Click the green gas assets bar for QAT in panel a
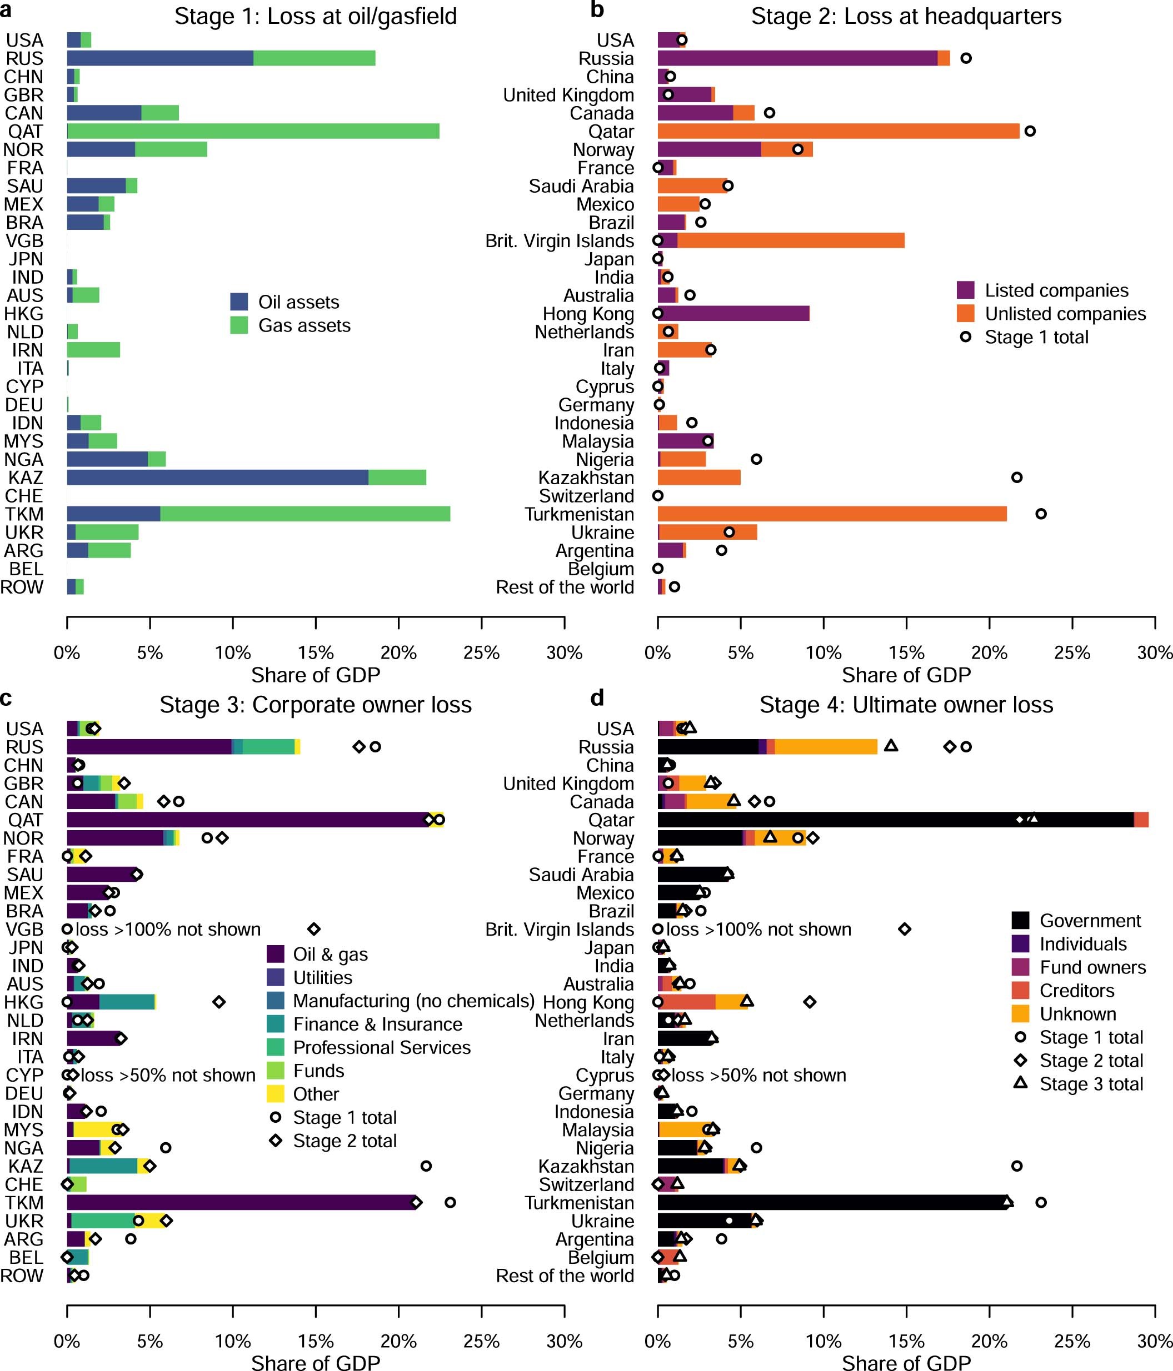253,131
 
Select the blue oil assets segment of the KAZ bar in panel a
217,477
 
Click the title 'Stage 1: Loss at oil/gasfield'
315,16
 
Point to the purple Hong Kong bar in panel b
733,314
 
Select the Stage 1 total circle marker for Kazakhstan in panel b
1017,477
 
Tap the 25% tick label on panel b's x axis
1072,653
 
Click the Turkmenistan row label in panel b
579,514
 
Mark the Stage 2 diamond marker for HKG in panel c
219,1002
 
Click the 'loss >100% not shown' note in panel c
168,930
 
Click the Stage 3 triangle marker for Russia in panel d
891,746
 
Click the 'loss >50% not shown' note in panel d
758,1075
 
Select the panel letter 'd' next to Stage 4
597,697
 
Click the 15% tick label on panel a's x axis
316,653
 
